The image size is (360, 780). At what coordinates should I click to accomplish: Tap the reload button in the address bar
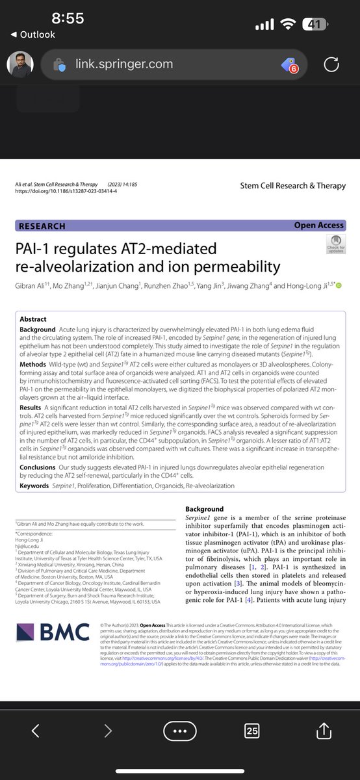(331, 64)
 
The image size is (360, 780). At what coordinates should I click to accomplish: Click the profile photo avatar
(20, 64)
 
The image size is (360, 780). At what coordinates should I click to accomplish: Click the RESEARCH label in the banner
(43, 226)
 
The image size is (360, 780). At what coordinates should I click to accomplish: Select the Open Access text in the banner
(318, 226)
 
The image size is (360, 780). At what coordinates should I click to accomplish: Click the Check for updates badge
(336, 245)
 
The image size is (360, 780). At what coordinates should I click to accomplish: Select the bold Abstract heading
(33, 320)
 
